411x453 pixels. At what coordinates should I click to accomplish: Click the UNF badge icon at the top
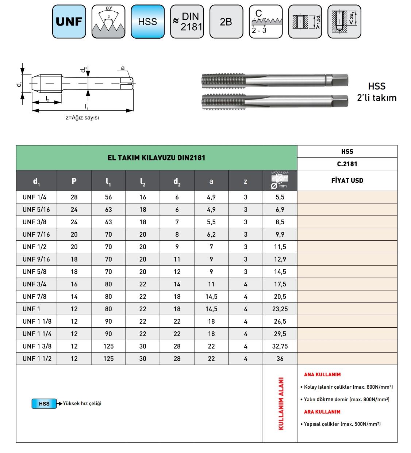tap(69, 22)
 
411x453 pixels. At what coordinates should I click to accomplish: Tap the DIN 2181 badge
tap(187, 22)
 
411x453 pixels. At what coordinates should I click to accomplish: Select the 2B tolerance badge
tap(226, 22)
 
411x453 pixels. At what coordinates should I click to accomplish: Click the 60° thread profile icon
tap(108, 22)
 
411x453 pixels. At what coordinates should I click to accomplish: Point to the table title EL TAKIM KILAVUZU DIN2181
tap(156, 158)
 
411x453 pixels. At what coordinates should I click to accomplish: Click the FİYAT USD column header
tap(347, 180)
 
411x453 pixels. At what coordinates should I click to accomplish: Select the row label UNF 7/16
tap(36, 235)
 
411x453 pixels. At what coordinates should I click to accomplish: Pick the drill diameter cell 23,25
tap(280, 309)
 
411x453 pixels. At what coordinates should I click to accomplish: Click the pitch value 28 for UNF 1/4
tap(74, 197)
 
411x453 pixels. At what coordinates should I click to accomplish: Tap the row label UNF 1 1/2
tap(37, 359)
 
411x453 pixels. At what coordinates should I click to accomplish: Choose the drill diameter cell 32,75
tap(280, 346)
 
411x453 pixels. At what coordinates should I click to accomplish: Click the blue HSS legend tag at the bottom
tap(44, 404)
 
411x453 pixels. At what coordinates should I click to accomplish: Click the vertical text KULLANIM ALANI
tap(281, 403)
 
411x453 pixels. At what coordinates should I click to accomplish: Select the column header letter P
tap(74, 181)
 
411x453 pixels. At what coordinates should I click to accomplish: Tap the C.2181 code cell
tap(347, 164)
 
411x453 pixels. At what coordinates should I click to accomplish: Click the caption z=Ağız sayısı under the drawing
tap(82, 118)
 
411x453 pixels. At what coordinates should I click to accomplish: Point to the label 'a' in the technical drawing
tap(123, 68)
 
